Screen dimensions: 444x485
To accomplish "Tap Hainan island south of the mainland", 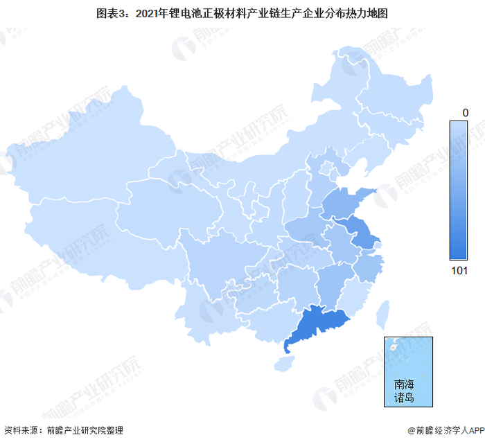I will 281,362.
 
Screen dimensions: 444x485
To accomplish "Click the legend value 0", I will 466,112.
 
